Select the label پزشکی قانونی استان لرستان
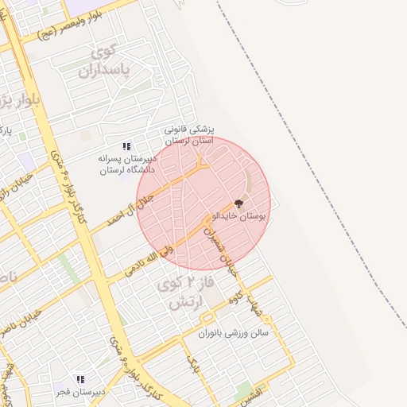tap(189, 134)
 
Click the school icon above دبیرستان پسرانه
tap(126, 146)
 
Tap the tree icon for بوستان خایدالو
tap(239, 203)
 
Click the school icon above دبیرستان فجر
tap(79, 379)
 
